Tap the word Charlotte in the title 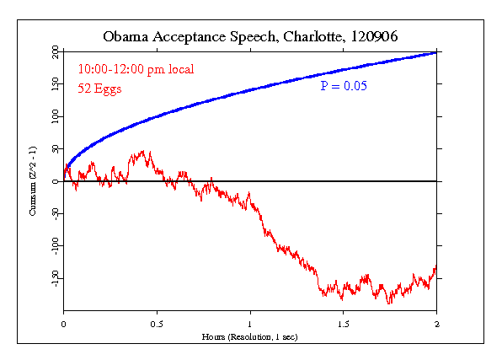click(x=311, y=37)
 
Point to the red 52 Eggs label click(x=100, y=89)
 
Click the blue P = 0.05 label click(x=344, y=86)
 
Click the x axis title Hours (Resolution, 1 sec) click(x=250, y=336)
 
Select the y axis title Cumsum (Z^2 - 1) click(x=32, y=181)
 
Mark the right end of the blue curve click(x=436, y=52)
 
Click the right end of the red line click(x=436, y=268)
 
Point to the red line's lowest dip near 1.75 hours click(x=388, y=303)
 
